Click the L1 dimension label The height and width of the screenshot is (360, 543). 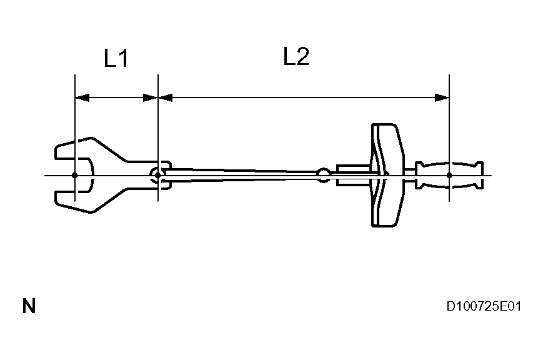coord(116,59)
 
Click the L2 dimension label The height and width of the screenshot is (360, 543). coord(296,57)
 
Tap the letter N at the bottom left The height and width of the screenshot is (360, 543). coord(29,306)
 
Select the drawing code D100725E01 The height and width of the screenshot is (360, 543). coord(484,306)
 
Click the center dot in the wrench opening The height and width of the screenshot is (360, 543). coord(75,175)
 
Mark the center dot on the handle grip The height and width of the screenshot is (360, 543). coord(449,175)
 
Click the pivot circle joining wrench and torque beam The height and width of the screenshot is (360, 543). coord(156,175)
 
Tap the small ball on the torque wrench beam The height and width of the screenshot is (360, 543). coord(323,175)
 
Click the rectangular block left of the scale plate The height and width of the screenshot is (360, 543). coord(353,175)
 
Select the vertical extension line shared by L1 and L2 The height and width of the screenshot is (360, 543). coord(158,125)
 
